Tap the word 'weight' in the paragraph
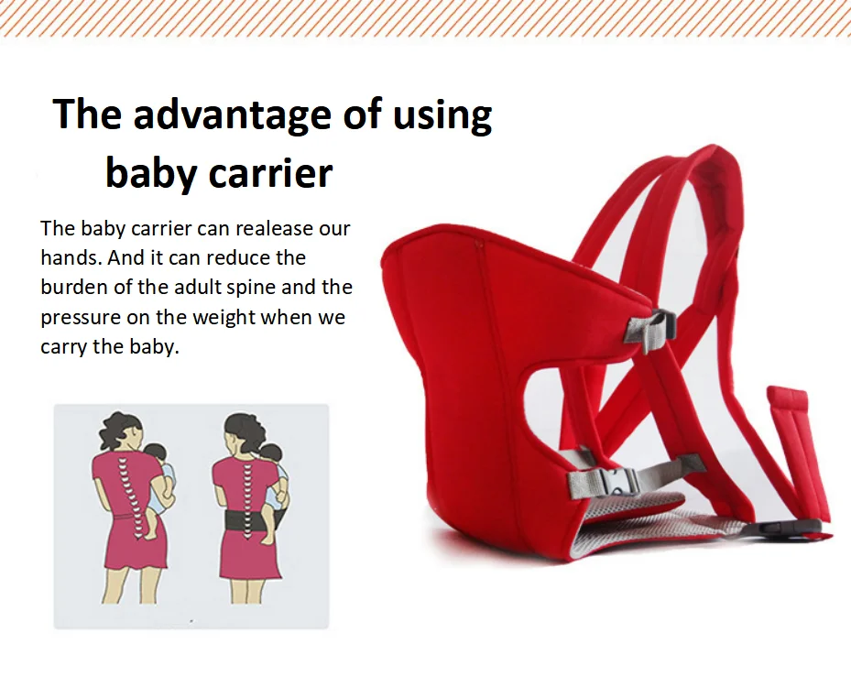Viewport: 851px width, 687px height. point(225,318)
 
